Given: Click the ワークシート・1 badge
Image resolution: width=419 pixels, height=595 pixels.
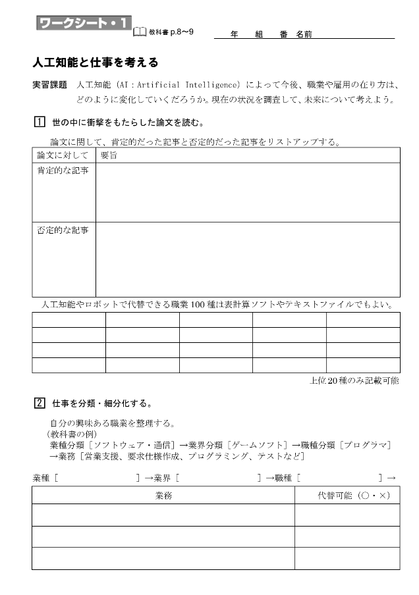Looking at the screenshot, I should (82, 24).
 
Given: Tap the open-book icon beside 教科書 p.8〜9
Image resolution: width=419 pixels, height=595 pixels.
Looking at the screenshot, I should (140, 31).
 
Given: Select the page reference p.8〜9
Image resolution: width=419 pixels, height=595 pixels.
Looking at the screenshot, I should (181, 32).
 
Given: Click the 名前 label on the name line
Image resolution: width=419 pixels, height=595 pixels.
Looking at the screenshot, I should (304, 34).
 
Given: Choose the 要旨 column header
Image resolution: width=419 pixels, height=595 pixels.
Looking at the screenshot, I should (109, 156).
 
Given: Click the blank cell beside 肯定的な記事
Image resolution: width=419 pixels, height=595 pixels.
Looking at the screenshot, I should (248, 192).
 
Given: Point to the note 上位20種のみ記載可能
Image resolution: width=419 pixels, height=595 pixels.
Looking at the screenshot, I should (354, 381).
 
